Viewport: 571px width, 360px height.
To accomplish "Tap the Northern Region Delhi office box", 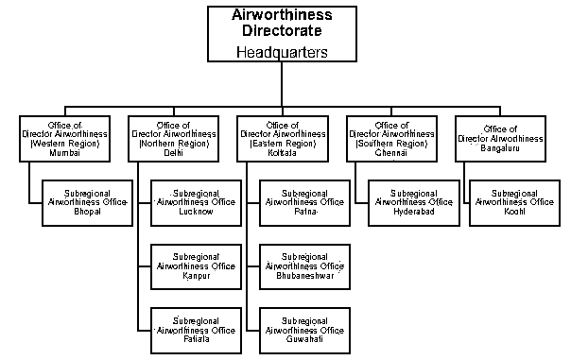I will point(173,139).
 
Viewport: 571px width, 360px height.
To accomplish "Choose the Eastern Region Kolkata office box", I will point(281,139).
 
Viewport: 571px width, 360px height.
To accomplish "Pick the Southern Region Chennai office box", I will point(390,139).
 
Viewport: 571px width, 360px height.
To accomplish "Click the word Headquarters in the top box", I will point(281,53).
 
